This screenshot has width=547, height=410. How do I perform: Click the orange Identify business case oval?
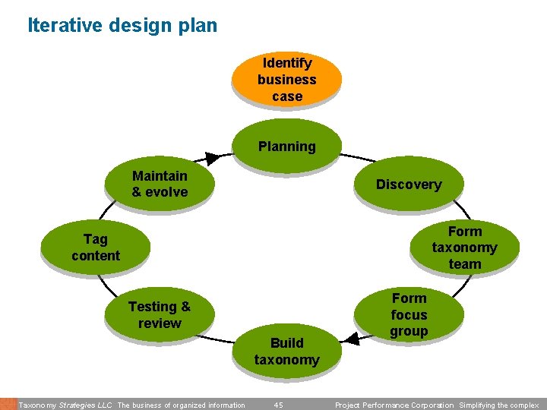click(286, 79)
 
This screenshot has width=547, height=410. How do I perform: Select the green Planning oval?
click(286, 146)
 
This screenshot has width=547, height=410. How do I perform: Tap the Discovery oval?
click(408, 184)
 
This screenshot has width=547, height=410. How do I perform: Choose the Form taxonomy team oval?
click(464, 248)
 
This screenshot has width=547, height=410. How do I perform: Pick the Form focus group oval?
click(409, 314)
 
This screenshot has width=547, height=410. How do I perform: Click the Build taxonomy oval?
click(286, 351)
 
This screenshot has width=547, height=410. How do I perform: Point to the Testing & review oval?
click(159, 314)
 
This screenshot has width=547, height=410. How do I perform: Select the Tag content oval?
click(96, 248)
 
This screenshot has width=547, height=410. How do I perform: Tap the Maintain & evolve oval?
click(159, 184)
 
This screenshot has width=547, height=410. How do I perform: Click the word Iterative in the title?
click(63, 25)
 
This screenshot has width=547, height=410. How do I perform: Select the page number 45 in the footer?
click(278, 405)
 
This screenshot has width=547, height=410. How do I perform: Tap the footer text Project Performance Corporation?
click(395, 405)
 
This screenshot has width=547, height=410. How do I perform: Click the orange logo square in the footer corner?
click(8, 404)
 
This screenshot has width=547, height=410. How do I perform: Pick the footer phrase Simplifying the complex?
click(499, 405)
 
